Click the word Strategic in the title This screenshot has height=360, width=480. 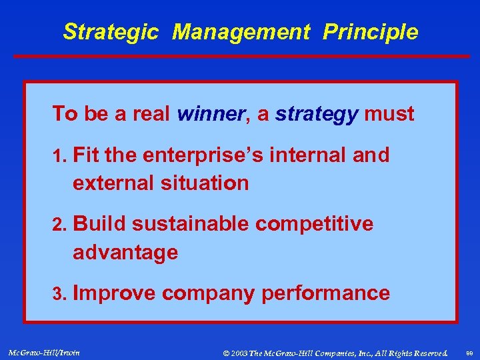click(x=111, y=31)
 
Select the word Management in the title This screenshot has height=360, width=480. click(x=241, y=31)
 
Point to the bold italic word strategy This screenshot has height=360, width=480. click(x=316, y=114)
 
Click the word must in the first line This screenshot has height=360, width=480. click(x=389, y=114)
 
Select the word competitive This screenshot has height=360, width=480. click(x=314, y=225)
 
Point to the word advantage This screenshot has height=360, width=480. click(x=125, y=253)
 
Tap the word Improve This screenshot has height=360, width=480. click(x=114, y=293)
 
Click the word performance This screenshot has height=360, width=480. click(x=325, y=293)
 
